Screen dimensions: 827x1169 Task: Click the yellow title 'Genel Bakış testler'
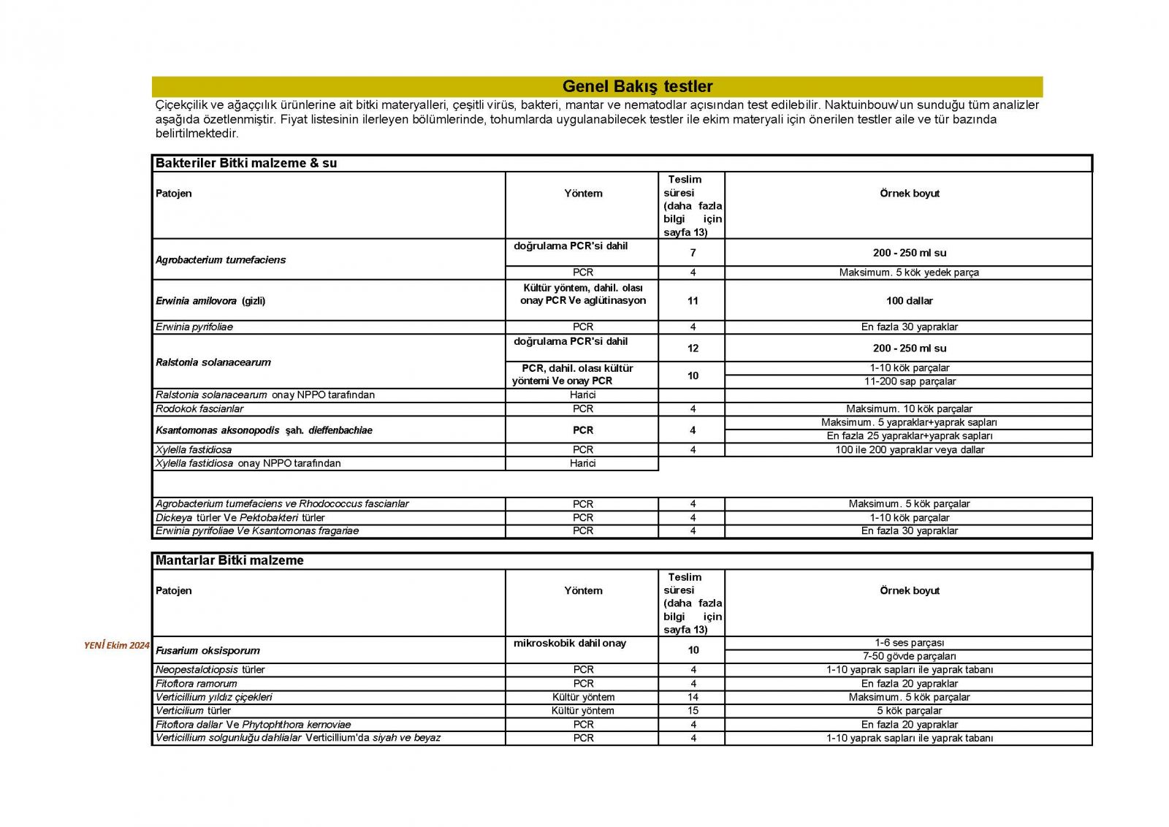[x=637, y=86]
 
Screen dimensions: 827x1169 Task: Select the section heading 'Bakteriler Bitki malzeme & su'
[x=246, y=163]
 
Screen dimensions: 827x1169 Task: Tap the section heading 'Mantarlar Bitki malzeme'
[x=229, y=560]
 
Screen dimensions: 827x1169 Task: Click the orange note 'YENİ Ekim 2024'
[x=117, y=645]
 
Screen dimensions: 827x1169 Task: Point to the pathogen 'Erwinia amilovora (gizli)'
[x=210, y=300]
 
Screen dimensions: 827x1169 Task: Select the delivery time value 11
[x=693, y=300]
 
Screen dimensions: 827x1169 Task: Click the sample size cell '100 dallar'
[x=909, y=300]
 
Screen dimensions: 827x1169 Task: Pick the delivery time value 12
[x=693, y=348]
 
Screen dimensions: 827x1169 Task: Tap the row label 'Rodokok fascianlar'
[x=199, y=408]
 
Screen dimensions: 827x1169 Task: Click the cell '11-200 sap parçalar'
[x=909, y=381]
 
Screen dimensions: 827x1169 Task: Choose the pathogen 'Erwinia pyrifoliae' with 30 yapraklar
[x=194, y=327]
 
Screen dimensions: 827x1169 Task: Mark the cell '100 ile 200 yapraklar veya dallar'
[x=909, y=450]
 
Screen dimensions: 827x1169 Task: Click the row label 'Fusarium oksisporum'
[x=207, y=650]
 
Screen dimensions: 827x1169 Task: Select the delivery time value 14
[x=693, y=697]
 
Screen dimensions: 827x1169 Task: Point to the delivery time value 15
[x=693, y=710]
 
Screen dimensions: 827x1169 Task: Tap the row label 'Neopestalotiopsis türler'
[x=210, y=669]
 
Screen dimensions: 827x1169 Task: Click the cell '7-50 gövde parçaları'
[x=909, y=656]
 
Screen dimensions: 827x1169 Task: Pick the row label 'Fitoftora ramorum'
[x=197, y=683]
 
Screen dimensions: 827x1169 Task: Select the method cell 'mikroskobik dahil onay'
[x=570, y=643]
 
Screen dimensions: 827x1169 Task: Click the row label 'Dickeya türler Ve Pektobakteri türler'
[x=240, y=517]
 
